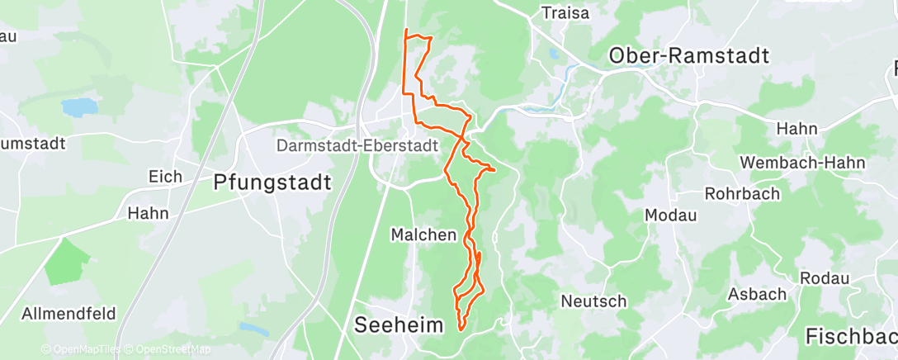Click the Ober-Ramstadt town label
coord(688,55)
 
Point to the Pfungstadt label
coord(272,182)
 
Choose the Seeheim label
coord(399,324)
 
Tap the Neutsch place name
coord(593,301)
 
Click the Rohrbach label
coord(737,195)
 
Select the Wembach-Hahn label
coord(794,163)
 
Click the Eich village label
coord(164,176)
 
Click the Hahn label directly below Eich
coord(148,213)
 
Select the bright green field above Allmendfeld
coord(67,263)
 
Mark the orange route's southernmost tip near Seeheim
coord(461,329)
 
